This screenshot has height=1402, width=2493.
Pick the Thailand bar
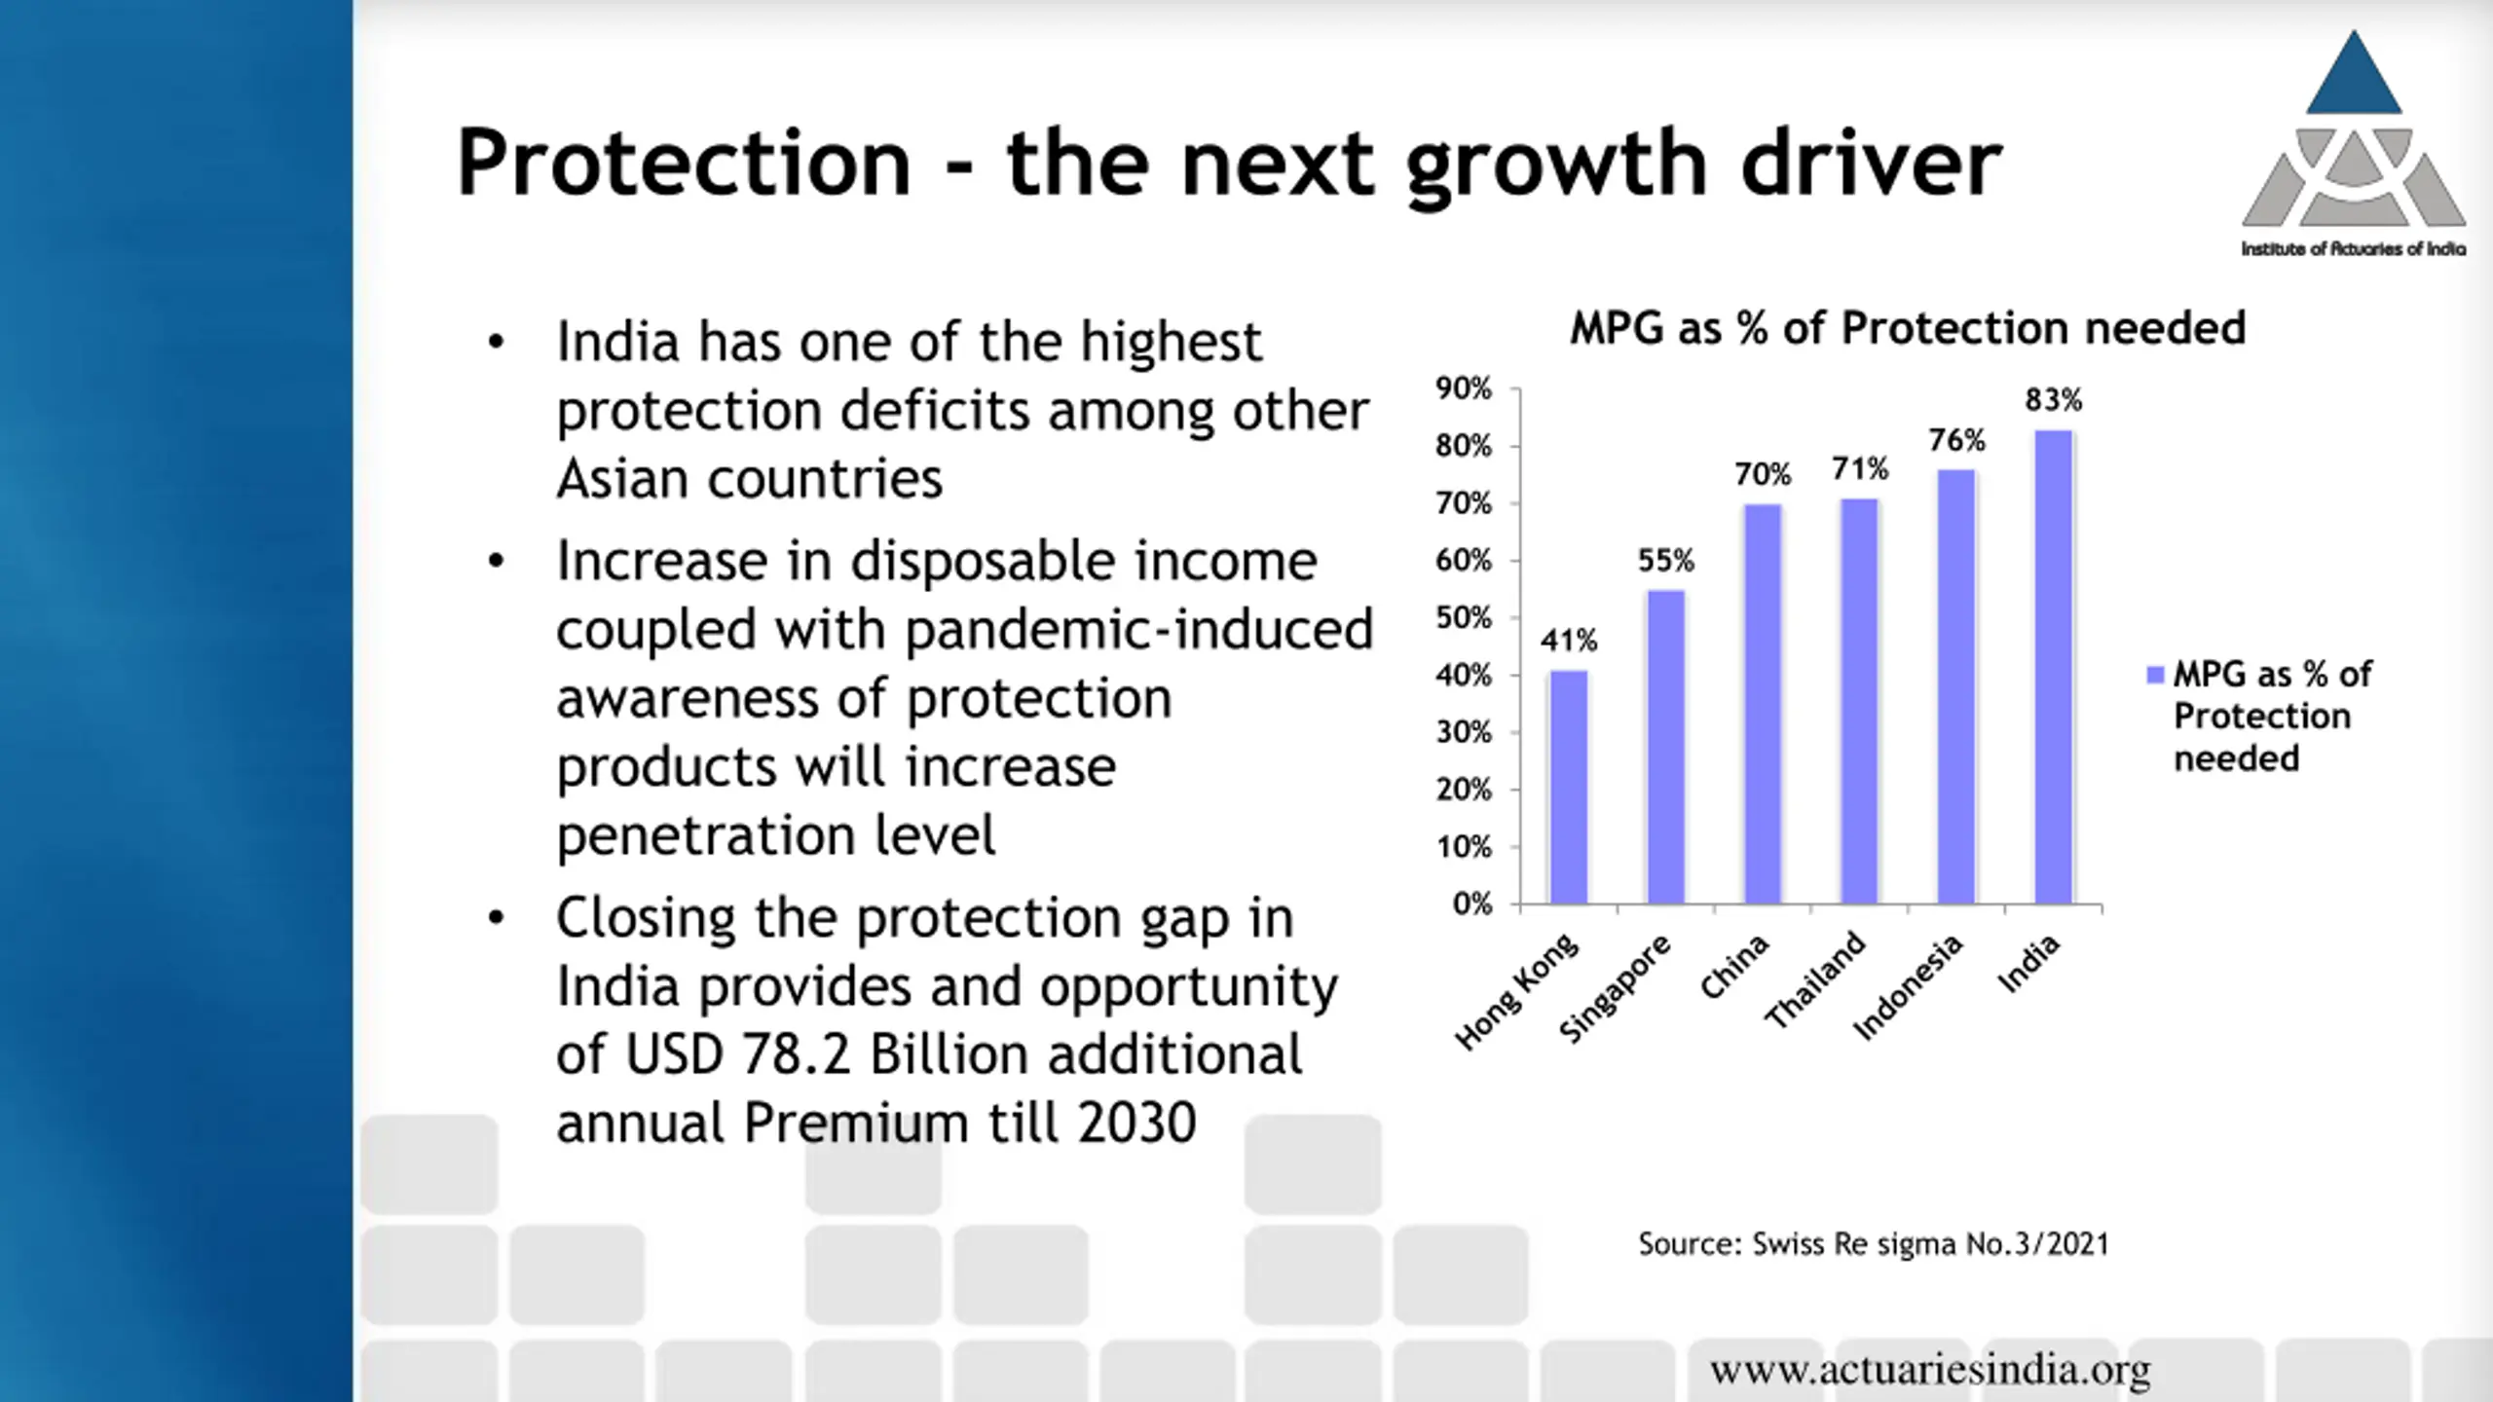(1859, 701)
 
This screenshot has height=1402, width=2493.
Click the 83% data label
(2053, 400)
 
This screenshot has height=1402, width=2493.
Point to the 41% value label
(1568, 641)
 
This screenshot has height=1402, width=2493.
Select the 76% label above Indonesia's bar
(1956, 441)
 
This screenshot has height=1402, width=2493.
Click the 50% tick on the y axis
(1463, 618)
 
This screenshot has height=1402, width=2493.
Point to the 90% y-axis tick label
(1463, 389)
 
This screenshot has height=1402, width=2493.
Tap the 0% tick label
(1471, 904)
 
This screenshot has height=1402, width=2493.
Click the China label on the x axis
(1734, 966)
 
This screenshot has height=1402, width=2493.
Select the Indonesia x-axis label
(1907, 987)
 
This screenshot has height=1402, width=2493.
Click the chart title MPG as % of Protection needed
(1907, 328)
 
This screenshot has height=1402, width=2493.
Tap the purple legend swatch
(2155, 675)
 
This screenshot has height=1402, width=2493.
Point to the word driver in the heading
(1871, 163)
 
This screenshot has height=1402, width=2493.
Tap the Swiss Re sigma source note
(1873, 1244)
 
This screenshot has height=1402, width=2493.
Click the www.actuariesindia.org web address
(1930, 1370)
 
